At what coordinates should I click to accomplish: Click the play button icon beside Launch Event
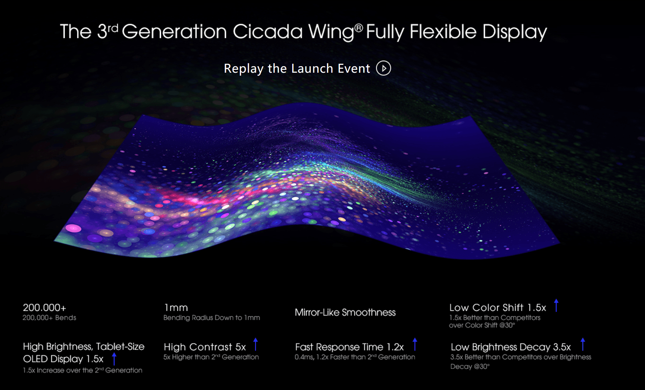click(384, 68)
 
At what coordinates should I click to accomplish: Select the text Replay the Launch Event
click(297, 68)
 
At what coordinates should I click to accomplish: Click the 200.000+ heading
click(44, 308)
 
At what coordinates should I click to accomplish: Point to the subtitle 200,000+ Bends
click(49, 318)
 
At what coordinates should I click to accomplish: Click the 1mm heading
click(176, 308)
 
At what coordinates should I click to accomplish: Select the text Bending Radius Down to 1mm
click(212, 318)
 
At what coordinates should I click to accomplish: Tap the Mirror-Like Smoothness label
click(345, 312)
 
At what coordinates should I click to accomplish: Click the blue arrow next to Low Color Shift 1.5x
click(556, 305)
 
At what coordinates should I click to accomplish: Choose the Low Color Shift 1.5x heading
click(498, 308)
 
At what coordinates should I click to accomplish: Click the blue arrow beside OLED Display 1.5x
click(114, 359)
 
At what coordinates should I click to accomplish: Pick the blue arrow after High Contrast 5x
click(255, 344)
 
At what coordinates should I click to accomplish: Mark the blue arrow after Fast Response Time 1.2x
click(415, 344)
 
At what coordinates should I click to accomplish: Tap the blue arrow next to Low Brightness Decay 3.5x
click(583, 344)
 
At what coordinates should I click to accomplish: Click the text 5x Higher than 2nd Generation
click(211, 357)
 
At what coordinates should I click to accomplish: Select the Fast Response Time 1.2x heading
click(349, 347)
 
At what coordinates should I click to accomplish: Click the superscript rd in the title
click(113, 28)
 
